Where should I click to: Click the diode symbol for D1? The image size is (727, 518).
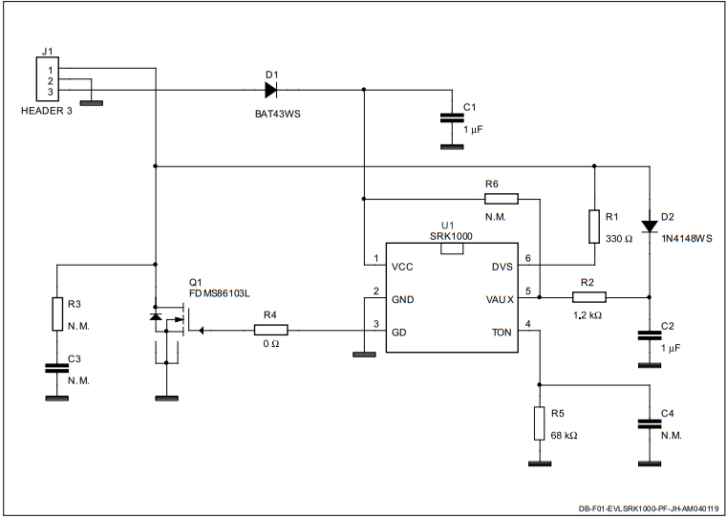tap(270, 90)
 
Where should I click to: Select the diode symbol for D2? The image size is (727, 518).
tap(650, 227)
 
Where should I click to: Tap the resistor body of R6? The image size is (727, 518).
tap(502, 199)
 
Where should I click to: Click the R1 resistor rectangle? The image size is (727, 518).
tap(593, 227)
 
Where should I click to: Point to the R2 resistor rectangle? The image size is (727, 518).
tap(588, 297)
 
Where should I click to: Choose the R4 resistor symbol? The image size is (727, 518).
tap(271, 330)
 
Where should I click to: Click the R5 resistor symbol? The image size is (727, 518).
tap(540, 423)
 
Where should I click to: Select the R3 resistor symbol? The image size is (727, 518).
tap(56, 313)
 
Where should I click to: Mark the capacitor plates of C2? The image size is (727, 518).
tap(650, 335)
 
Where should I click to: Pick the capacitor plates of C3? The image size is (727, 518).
tap(56, 368)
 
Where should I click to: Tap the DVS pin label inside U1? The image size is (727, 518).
tap(502, 267)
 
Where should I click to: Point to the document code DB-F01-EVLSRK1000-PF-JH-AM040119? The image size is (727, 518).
tap(649, 509)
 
